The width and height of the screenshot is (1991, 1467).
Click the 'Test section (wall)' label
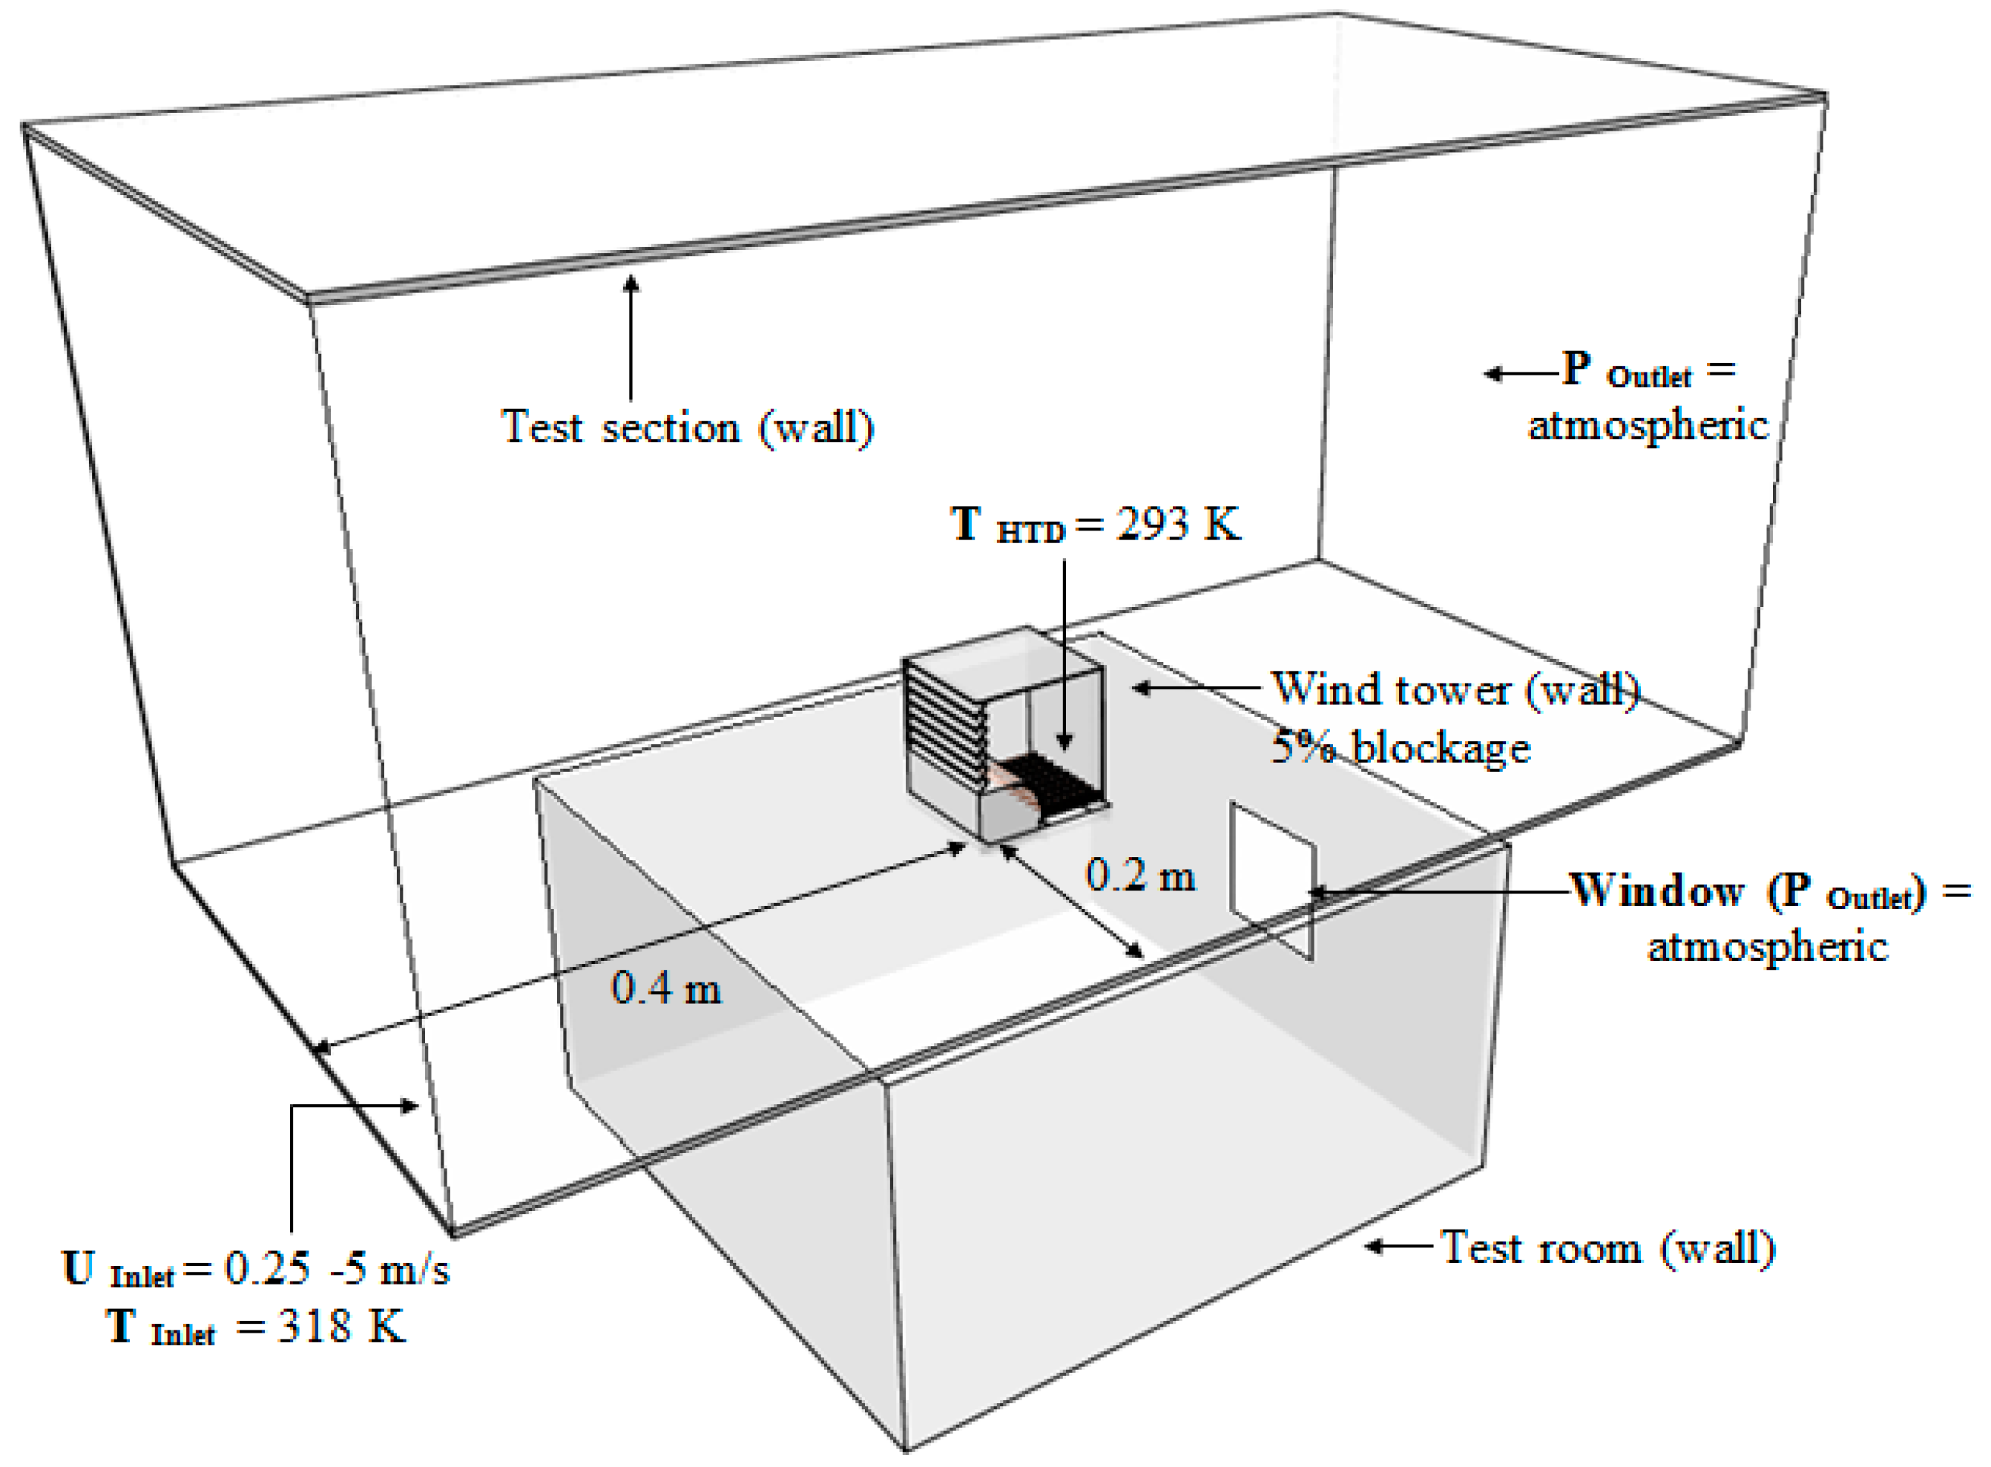[688, 428]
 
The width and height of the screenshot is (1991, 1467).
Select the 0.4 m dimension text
[665, 988]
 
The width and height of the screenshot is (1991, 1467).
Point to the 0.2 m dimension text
[1141, 876]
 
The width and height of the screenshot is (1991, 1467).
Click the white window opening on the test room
[1271, 879]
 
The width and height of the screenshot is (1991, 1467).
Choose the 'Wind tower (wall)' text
[1455, 689]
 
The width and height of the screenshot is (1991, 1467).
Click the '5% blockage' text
[1401, 748]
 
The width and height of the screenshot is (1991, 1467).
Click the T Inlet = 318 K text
[257, 1327]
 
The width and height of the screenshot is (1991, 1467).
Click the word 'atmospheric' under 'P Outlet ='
[1648, 425]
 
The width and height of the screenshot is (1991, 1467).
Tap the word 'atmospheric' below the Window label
[1766, 947]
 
